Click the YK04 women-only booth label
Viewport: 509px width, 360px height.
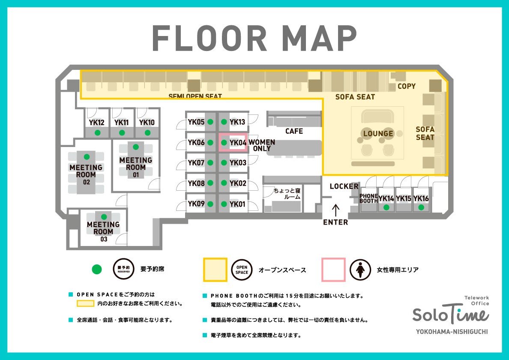tap(238, 143)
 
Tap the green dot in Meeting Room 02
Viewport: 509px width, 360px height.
tap(87, 157)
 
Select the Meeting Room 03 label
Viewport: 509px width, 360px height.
tap(104, 231)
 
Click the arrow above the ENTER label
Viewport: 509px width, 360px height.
tap(335, 210)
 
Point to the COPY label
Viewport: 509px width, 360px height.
tap(407, 86)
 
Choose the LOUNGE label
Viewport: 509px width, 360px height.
tap(378, 133)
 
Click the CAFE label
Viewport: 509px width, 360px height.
tap(294, 131)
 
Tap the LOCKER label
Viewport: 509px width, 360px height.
tap(344, 186)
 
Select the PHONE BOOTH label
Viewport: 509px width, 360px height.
tap(368, 198)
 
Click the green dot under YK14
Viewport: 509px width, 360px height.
tap(386, 207)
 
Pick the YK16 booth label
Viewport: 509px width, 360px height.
tap(421, 198)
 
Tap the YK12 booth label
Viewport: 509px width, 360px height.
tap(97, 123)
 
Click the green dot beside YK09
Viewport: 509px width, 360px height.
tap(210, 204)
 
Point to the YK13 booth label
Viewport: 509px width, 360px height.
tap(237, 122)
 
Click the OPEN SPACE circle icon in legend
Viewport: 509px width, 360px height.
tap(242, 270)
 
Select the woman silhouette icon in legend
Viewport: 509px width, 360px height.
tap(360, 270)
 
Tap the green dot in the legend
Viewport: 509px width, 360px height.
tap(97, 269)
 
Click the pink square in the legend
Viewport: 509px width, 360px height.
tap(333, 270)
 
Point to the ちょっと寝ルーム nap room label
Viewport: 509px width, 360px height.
tap(287, 194)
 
